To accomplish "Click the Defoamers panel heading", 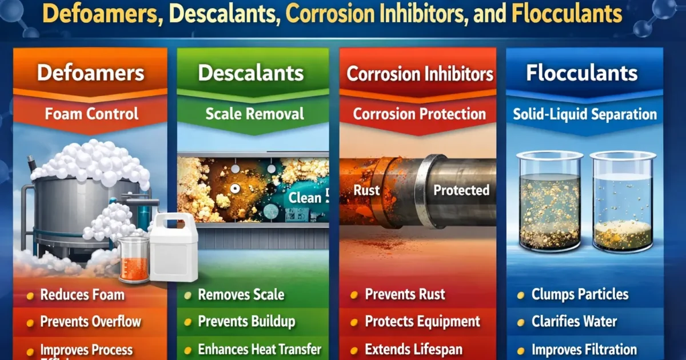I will [x=90, y=73].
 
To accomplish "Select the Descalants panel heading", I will [x=251, y=73].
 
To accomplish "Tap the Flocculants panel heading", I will [x=581, y=73].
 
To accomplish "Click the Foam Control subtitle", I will [x=91, y=114].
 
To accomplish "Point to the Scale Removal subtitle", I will [x=254, y=114].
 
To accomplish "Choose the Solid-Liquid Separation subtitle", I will [x=584, y=114].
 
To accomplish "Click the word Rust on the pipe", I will [x=366, y=190].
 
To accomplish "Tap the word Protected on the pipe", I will [x=461, y=190].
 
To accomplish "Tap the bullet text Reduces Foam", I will [x=82, y=295].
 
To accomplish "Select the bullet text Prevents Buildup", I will [x=246, y=322].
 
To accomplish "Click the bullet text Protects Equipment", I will [x=422, y=322].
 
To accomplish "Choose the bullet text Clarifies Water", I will [x=574, y=322].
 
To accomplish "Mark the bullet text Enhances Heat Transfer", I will [x=260, y=349].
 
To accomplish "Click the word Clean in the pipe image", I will [x=305, y=198].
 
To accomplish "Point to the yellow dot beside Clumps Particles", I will [x=521, y=295].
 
